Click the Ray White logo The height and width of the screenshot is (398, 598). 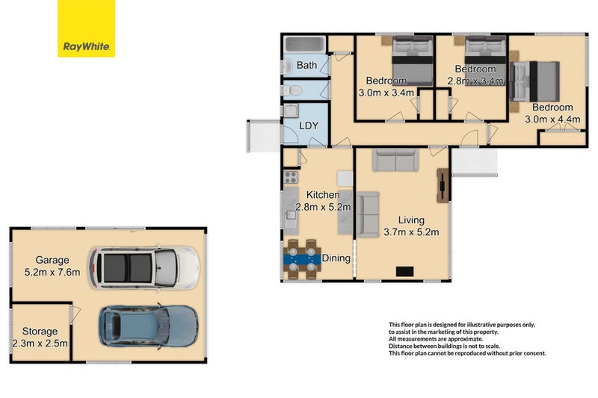(x=86, y=28)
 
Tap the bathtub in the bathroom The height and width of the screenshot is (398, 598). (x=305, y=44)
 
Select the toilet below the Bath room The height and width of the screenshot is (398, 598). (x=292, y=90)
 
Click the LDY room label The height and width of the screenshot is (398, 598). (x=309, y=125)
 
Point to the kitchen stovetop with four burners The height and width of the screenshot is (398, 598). (x=291, y=178)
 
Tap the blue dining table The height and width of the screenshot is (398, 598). (x=302, y=259)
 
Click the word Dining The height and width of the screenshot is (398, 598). (x=336, y=258)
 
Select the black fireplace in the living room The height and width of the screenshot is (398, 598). (x=404, y=272)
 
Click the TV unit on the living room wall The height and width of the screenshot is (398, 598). (x=442, y=185)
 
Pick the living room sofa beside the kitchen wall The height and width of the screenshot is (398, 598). (x=368, y=215)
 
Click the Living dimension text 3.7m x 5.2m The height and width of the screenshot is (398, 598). (x=411, y=232)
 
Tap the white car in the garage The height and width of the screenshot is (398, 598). (x=144, y=267)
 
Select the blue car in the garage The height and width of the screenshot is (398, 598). (x=149, y=326)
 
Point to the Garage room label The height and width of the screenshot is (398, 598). (x=52, y=260)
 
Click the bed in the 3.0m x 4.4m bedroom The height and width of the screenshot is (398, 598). (x=534, y=81)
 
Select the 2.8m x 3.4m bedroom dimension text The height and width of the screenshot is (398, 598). (x=475, y=81)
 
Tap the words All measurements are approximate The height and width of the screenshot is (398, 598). (x=436, y=339)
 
